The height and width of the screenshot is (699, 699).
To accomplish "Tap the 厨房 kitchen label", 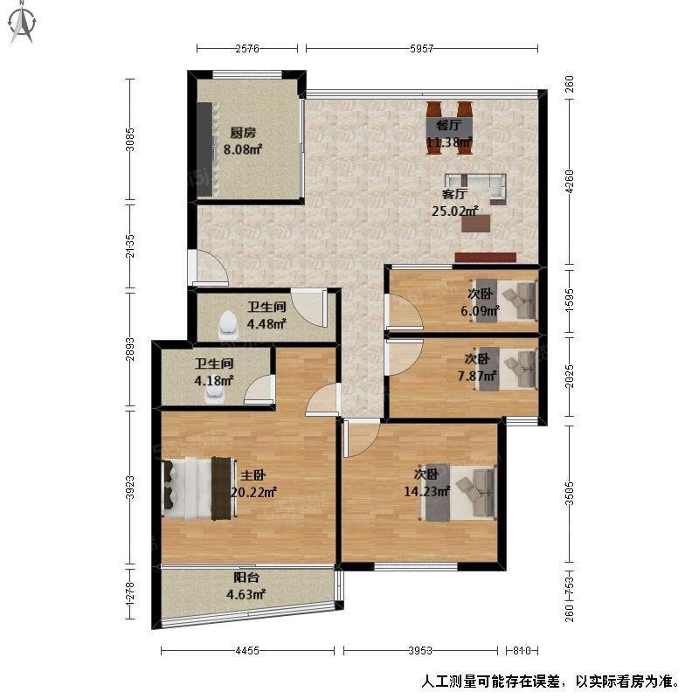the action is [243, 133].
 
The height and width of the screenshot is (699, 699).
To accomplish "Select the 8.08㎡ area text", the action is [243, 149].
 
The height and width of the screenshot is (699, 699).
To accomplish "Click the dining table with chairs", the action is [449, 128].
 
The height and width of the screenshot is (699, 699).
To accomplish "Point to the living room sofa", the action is [476, 187].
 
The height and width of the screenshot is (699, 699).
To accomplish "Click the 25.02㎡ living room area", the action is [454, 211].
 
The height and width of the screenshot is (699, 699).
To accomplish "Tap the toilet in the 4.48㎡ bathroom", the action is [229, 323].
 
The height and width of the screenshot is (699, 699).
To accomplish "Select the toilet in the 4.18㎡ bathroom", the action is [215, 394].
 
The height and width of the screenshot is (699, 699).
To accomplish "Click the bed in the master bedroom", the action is [199, 488].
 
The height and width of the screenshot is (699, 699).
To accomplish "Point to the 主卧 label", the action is [253, 475].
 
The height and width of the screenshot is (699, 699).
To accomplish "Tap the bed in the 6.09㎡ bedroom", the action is [504, 300].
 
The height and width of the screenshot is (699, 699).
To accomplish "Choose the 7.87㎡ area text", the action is [477, 376].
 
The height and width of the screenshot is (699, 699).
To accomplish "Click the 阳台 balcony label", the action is [246, 578].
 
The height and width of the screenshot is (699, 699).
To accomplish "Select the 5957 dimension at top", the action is [421, 49].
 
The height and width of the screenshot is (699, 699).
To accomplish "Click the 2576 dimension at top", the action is [247, 49].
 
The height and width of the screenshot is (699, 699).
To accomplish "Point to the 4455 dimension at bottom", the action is [247, 651].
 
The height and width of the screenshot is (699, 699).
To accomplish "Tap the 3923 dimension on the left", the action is [129, 488].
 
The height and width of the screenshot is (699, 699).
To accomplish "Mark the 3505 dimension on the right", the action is [570, 493].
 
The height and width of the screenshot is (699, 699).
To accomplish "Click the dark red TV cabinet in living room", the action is [486, 257].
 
